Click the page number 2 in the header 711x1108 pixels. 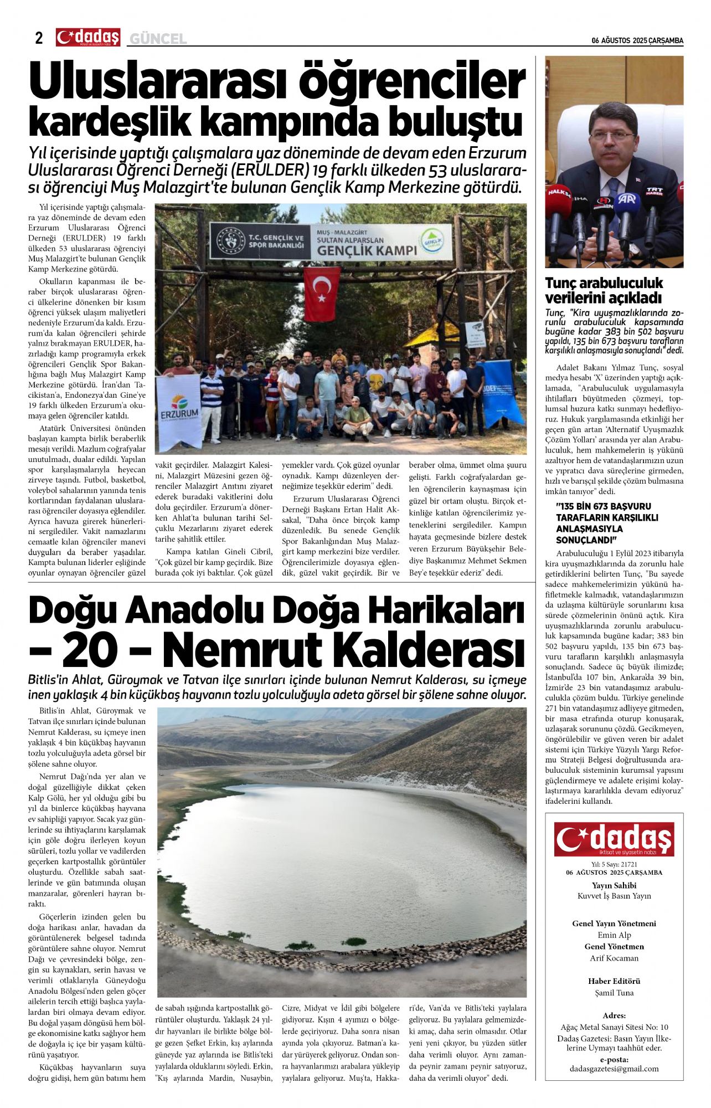[38, 38]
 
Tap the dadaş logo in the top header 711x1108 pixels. [87, 37]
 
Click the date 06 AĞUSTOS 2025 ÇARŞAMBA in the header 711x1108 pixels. [637, 40]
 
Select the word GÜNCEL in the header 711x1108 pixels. [158, 39]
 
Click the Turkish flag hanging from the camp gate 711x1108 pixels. [322, 294]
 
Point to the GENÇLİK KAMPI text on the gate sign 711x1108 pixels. [367, 250]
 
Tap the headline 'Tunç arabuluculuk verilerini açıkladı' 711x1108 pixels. [604, 290]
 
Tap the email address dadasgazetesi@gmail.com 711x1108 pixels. [614, 1069]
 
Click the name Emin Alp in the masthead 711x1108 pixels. [614, 935]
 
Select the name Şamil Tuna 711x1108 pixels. [614, 993]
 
